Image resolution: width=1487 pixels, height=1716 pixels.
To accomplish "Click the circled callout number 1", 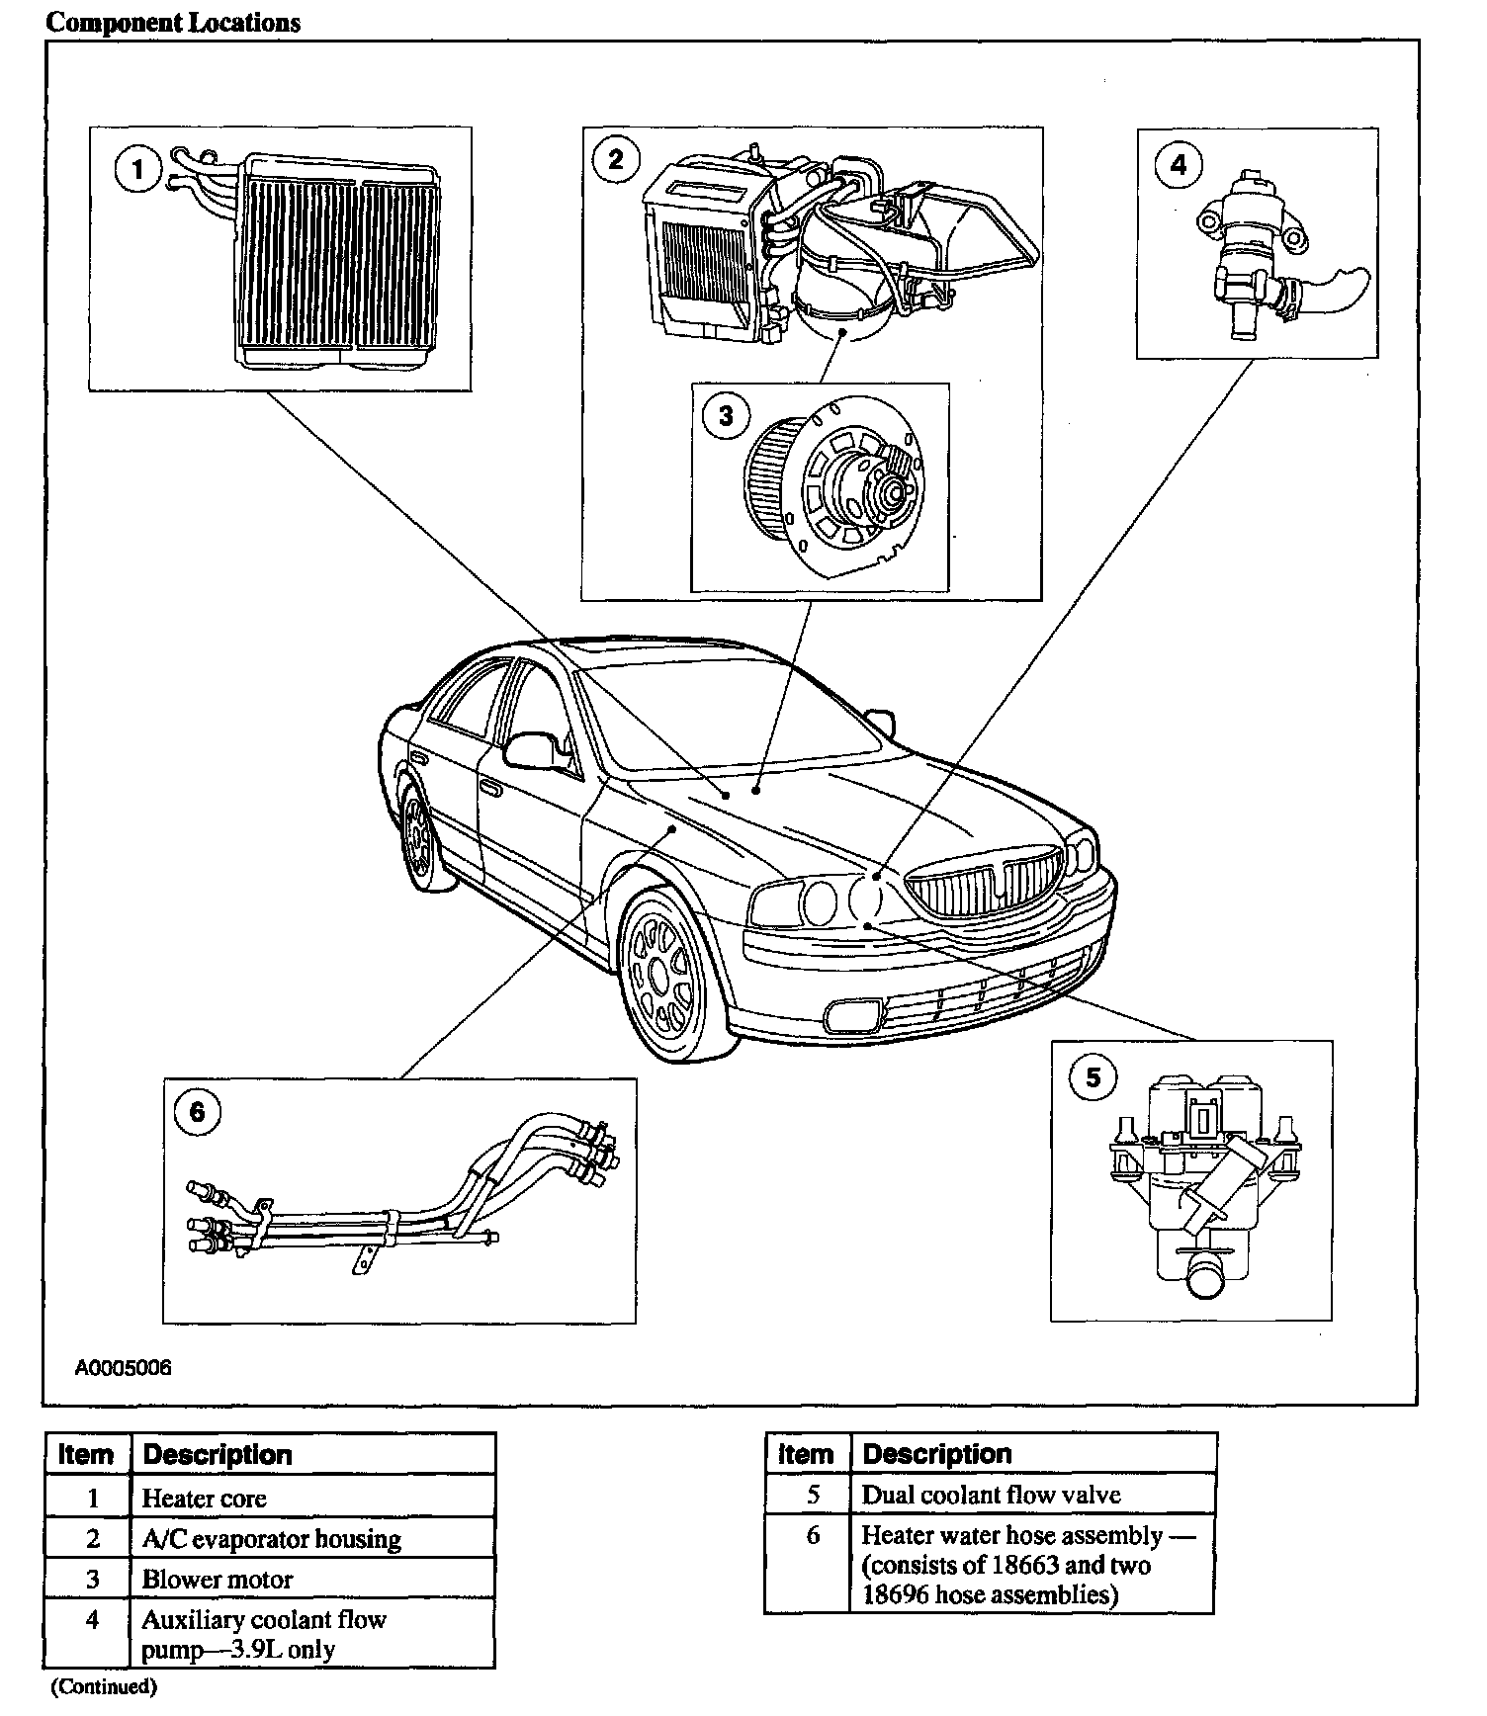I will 137,170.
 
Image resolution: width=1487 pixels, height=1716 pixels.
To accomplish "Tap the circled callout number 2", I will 616,159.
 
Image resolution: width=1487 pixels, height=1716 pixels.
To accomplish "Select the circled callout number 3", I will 726,415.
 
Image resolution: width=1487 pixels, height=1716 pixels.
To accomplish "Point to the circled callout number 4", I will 1178,164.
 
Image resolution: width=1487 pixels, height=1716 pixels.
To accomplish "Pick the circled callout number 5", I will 1093,1076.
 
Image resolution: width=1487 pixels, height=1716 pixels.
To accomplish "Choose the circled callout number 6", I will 197,1113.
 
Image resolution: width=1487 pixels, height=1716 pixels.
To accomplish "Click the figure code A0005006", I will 123,1368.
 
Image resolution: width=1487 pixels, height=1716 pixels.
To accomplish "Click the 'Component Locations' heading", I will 173,23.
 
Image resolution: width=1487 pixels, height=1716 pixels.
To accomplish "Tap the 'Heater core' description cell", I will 205,1499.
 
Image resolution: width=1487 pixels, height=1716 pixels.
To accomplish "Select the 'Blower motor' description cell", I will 218,1580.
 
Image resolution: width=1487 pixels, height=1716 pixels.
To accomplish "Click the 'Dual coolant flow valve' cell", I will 991,1495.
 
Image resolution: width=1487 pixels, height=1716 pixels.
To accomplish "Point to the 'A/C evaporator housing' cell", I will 272,1539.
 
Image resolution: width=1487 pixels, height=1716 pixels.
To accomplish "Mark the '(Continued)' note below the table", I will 104,1685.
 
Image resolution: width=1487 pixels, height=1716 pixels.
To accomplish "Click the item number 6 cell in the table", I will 813,1535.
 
